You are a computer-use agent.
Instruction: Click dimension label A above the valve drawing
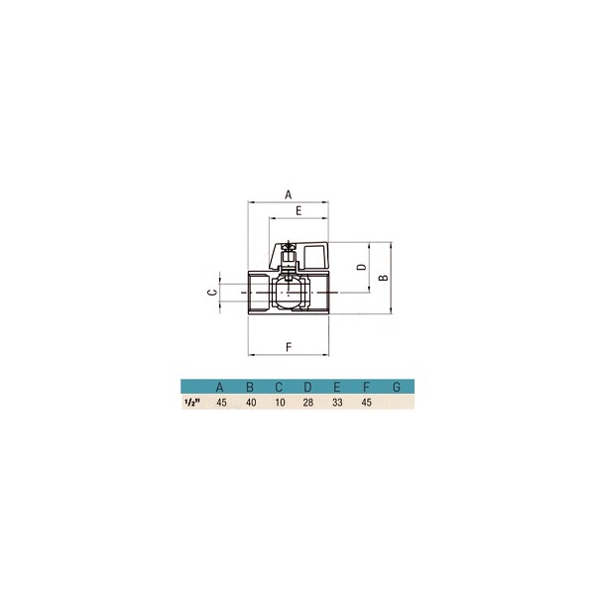click(289, 194)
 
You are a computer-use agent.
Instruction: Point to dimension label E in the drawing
click(298, 211)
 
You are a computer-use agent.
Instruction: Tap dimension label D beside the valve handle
click(362, 267)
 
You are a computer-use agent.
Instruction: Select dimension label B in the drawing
click(384, 278)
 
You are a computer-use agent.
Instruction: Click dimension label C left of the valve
click(213, 293)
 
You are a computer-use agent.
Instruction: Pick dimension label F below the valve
click(289, 347)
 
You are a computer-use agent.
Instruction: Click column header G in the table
click(397, 387)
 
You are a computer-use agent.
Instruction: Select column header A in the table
click(219, 387)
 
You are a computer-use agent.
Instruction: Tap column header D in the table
click(307, 387)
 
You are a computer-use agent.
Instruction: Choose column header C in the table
click(279, 387)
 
